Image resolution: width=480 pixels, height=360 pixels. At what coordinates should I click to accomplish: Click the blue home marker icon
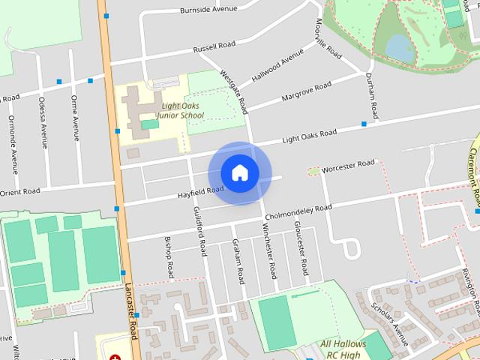pyautogui.click(x=239, y=173)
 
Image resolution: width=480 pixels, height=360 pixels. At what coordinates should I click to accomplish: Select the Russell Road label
pyautogui.click(x=214, y=47)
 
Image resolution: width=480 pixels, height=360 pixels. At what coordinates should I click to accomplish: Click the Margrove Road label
pyautogui.click(x=306, y=91)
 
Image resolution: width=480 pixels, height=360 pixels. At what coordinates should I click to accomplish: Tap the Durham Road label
pyautogui.click(x=370, y=95)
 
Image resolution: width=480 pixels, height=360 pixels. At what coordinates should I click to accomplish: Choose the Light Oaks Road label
pyautogui.click(x=309, y=137)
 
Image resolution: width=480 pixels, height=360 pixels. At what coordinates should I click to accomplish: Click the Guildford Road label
pyautogui.click(x=200, y=231)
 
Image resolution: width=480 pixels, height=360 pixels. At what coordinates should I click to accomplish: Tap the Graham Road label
pyautogui.click(x=238, y=261)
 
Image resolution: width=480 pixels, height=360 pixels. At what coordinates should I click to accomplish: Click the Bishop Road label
pyautogui.click(x=170, y=257)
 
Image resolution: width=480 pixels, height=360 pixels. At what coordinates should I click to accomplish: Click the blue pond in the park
pyautogui.click(x=398, y=48)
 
